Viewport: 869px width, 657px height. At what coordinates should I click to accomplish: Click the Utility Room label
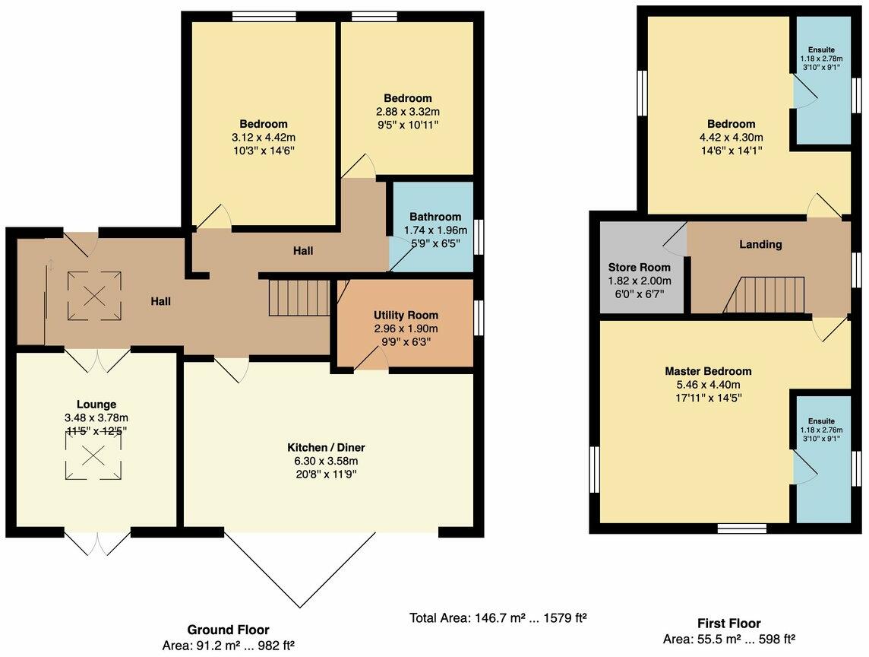pos(406,315)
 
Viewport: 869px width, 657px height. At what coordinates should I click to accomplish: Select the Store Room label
pos(639,267)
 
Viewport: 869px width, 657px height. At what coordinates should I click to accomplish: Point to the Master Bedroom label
pos(708,371)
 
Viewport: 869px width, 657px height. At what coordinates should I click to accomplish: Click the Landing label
pos(760,244)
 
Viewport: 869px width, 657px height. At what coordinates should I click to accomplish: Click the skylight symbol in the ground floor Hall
pos(94,297)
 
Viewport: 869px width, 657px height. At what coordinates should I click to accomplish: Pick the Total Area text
pos(498,617)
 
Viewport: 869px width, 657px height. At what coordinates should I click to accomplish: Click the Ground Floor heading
pos(228,630)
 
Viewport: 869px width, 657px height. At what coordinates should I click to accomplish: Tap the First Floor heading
pos(728,624)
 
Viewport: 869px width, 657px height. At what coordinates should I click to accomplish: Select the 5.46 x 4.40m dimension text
pos(708,385)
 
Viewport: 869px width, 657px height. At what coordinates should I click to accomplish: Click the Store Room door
pos(675,238)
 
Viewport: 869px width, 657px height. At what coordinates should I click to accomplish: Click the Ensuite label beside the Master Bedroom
pos(821,421)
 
